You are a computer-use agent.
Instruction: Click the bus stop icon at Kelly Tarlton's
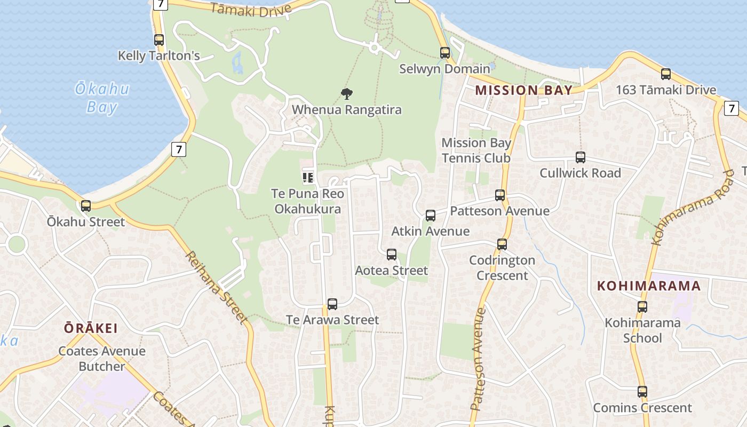[x=158, y=40]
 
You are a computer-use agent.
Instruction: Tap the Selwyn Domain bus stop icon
[x=445, y=53]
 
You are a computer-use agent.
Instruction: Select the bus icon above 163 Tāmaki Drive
[x=665, y=74]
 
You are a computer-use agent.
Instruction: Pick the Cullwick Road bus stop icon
[x=580, y=157]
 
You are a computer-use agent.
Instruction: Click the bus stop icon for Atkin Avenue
[x=430, y=216]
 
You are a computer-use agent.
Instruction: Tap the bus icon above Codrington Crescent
[x=502, y=244]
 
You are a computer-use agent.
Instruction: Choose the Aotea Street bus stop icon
[x=391, y=255]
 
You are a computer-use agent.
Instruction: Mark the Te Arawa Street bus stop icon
[x=332, y=304]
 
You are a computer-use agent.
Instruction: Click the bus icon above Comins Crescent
[x=642, y=392]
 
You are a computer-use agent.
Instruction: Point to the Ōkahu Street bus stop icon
[x=85, y=205]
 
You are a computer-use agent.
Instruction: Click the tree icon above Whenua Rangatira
[x=346, y=94]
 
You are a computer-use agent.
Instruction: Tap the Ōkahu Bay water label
[x=102, y=98]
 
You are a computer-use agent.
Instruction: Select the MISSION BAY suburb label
[x=523, y=90]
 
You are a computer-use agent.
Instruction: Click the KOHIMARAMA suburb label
[x=648, y=286]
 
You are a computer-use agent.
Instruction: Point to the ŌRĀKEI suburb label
[x=91, y=328]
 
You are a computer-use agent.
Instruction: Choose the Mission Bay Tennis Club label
[x=476, y=151]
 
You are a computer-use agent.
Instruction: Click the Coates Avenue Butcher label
[x=102, y=359]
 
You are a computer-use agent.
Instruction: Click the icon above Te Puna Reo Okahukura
[x=307, y=177]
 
